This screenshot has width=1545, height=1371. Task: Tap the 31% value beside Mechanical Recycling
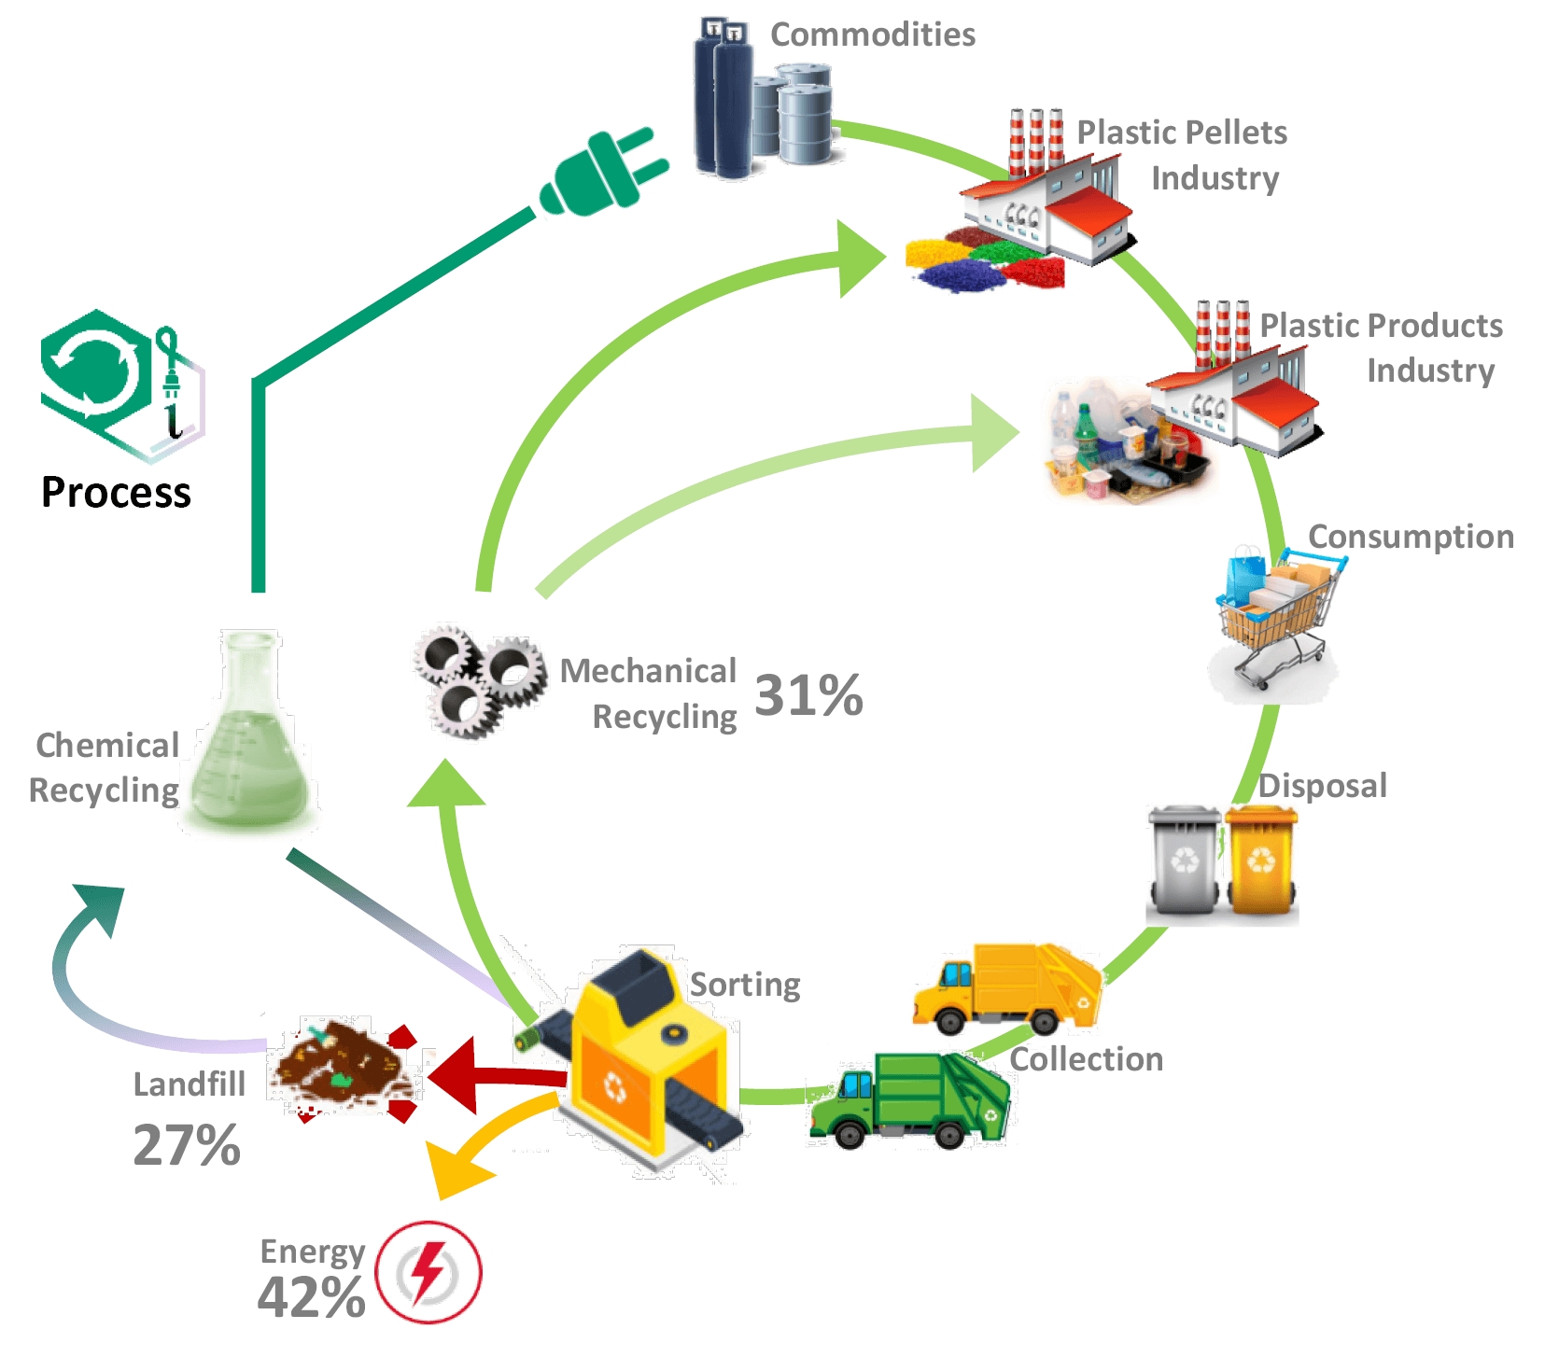[x=808, y=696]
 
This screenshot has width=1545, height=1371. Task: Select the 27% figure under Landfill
[x=187, y=1145]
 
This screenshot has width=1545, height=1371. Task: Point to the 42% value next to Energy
[x=311, y=1297]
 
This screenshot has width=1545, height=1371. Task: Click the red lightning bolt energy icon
[x=428, y=1272]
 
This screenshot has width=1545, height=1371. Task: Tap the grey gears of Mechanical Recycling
[x=479, y=680]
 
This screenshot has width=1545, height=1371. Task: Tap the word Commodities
[x=873, y=35]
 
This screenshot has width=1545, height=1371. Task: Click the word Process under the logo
[x=116, y=492]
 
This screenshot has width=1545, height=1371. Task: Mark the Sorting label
[x=745, y=985]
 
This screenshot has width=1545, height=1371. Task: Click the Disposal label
[x=1322, y=786]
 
